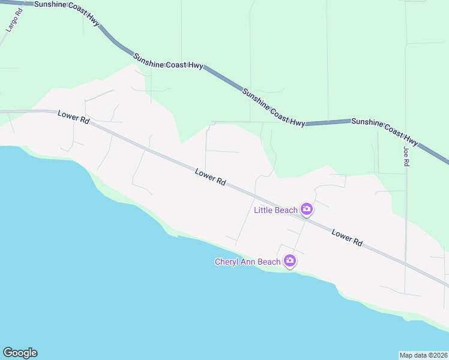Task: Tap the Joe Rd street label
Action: [406, 157]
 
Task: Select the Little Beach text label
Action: [276, 210]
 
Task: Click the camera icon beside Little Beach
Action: [307, 209]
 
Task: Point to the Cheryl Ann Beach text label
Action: [247, 262]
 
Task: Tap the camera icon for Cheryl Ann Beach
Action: [291, 261]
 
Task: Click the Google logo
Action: [20, 353]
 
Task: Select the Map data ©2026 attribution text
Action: [424, 355]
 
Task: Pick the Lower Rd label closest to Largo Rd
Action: [73, 117]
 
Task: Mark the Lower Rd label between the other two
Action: [210, 176]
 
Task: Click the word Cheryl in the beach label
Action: [228, 262]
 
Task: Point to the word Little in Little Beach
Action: [264, 210]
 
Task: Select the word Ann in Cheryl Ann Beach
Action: [251, 262]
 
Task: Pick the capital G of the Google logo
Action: [8, 352]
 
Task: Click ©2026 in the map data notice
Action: [437, 355]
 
